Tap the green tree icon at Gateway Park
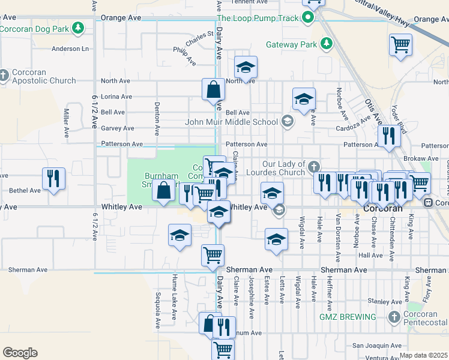pyautogui.click(x=326, y=44)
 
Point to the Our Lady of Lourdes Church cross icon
pyautogui.click(x=314, y=165)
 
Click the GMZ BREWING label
pyautogui.click(x=348, y=317)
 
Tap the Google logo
pyautogui.click(x=20, y=353)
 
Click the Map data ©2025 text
pyautogui.click(x=423, y=355)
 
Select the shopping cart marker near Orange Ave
pyautogui.click(x=400, y=44)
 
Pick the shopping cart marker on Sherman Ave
pyautogui.click(x=212, y=256)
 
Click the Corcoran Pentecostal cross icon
pyautogui.click(x=394, y=317)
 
